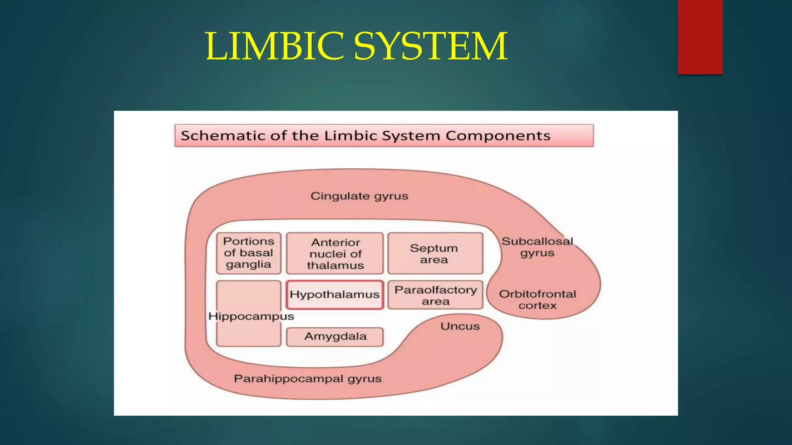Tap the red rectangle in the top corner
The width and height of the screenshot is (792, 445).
click(x=700, y=37)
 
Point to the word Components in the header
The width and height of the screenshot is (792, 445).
click(x=498, y=136)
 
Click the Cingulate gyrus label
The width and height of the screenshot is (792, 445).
click(x=359, y=196)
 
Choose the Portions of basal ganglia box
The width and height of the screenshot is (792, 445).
click(x=249, y=253)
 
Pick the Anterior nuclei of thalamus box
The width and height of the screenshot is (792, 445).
click(x=335, y=253)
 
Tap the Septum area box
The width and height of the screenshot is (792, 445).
click(x=435, y=253)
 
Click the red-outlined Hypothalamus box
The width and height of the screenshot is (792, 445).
click(x=335, y=295)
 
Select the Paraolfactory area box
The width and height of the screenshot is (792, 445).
click(x=435, y=295)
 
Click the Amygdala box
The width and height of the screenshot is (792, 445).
click(x=335, y=336)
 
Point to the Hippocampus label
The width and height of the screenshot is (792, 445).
click(x=251, y=316)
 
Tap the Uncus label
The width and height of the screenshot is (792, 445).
click(x=460, y=326)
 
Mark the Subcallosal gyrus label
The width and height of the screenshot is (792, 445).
click(x=537, y=247)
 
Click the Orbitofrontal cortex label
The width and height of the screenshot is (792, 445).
click(x=537, y=300)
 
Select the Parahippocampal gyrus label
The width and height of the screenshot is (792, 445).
click(x=307, y=379)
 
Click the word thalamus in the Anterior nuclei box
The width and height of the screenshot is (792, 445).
click(x=335, y=265)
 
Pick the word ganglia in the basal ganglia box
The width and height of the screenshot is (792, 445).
click(x=248, y=265)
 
